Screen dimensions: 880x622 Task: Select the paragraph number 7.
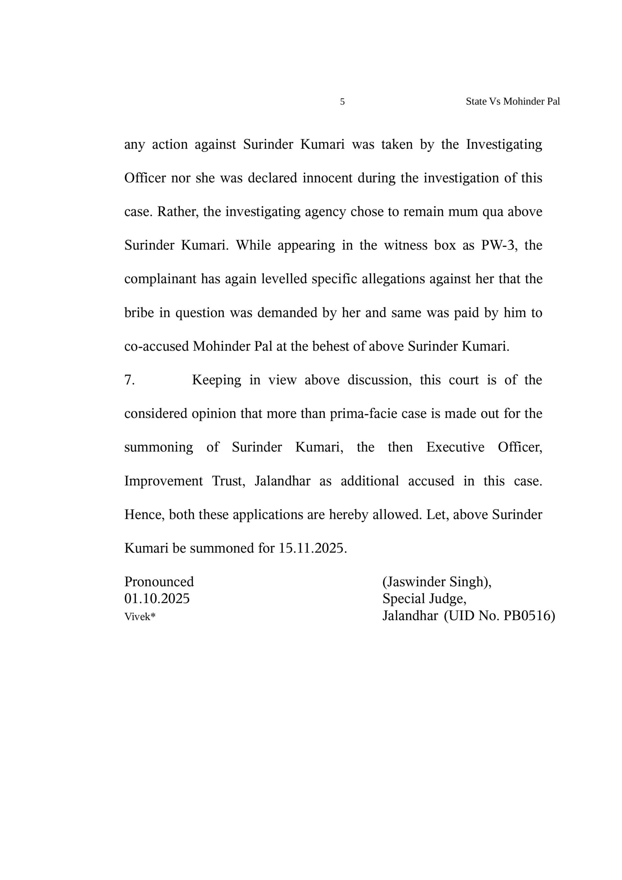(129, 380)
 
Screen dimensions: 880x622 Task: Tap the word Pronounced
(159, 582)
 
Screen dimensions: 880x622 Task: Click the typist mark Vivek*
(140, 617)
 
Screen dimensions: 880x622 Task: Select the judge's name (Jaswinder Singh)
(437, 582)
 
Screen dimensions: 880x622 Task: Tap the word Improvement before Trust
(163, 481)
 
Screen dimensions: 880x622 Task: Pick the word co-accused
(157, 346)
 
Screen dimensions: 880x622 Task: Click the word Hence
(144, 515)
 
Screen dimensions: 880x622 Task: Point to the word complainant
(160, 279)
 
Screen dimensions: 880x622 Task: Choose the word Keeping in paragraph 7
(216, 380)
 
